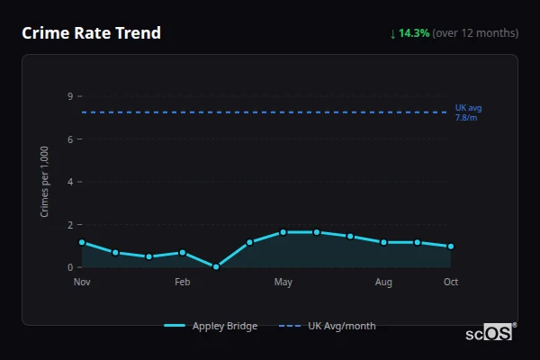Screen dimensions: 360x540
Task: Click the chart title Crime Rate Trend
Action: click(91, 33)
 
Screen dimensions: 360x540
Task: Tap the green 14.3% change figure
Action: click(414, 33)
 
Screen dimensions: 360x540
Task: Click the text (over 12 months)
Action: click(475, 33)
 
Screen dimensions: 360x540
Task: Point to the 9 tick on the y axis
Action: click(70, 96)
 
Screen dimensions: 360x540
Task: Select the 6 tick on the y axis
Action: click(70, 139)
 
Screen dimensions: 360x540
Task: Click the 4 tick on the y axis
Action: click(70, 182)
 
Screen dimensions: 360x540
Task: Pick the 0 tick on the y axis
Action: click(70, 267)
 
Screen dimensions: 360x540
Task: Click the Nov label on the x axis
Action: click(82, 283)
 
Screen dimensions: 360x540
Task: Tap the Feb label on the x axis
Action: click(183, 283)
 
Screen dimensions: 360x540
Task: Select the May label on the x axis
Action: click(283, 283)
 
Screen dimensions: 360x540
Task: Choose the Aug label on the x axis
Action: click(383, 283)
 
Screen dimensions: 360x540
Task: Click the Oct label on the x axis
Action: click(451, 283)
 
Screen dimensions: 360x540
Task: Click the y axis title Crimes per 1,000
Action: click(45, 182)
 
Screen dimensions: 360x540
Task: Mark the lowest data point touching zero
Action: click(216, 266)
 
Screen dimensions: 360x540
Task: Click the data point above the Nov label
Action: click(82, 242)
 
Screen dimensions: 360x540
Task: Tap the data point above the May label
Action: click(283, 232)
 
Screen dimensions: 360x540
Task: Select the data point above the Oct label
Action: click(451, 246)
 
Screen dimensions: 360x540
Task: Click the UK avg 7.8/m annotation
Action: click(469, 112)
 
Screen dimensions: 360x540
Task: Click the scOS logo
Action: click(490, 332)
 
